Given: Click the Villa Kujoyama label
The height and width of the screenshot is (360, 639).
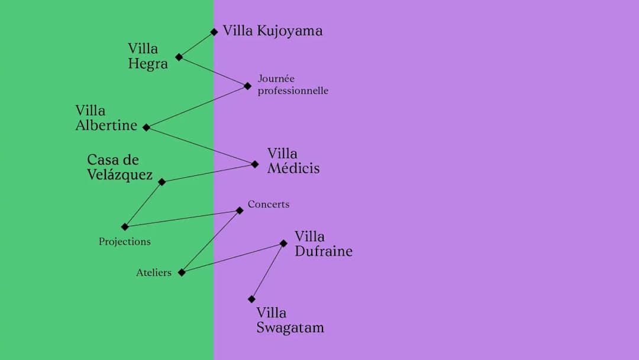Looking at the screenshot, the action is [273, 31].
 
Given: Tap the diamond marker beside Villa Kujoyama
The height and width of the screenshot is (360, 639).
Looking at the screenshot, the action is [214, 32].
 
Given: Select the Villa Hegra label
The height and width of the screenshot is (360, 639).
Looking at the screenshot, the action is [147, 56].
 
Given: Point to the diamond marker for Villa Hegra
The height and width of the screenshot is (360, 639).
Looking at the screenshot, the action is [179, 57].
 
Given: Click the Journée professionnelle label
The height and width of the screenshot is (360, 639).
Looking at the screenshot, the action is [293, 85].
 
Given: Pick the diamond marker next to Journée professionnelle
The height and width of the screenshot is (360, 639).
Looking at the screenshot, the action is [247, 86].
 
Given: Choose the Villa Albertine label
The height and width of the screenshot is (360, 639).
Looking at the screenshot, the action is [106, 118].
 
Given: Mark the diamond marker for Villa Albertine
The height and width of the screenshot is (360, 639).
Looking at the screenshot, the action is [146, 128].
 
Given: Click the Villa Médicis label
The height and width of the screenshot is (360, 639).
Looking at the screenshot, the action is [293, 161].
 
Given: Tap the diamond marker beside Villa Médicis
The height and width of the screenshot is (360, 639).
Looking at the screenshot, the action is [254, 164].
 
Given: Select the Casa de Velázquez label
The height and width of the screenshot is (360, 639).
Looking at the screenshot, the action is [120, 167].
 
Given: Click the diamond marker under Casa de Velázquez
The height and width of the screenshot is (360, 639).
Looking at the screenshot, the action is [162, 182].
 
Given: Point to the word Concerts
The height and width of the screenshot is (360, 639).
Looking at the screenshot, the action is [269, 204].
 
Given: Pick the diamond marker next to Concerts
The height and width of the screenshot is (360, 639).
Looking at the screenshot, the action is [240, 210].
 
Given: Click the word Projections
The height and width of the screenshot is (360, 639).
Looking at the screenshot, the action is [125, 242].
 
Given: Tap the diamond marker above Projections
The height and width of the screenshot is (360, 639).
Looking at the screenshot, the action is [125, 227].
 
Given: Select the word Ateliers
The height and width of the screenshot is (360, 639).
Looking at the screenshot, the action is [154, 273].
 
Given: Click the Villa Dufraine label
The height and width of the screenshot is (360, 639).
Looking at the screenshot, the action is [324, 244].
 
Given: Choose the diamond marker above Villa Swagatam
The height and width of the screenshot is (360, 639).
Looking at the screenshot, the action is [251, 299].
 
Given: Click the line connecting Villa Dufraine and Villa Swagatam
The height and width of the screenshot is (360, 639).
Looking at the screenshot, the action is [267, 271].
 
